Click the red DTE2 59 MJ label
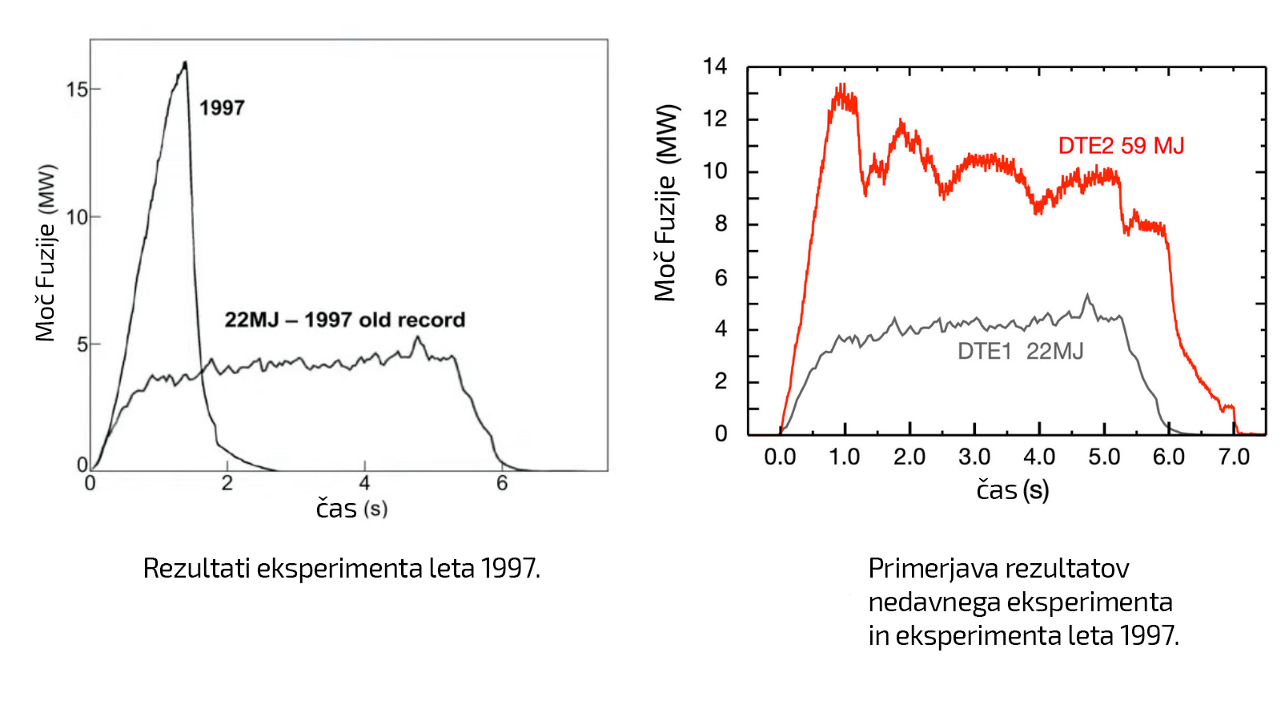coord(1120,146)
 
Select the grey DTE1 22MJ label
coord(1020,351)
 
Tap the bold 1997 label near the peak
coord(222,107)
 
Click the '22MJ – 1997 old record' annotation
coord(344,320)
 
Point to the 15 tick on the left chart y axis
coord(77,90)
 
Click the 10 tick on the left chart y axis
coord(77,217)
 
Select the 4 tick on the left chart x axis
coord(364,483)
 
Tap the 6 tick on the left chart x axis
coord(502,483)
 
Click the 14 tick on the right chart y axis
coord(715,66)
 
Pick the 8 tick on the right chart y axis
coord(721,224)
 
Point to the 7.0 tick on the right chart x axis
coord(1234,457)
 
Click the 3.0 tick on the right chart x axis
coord(974,457)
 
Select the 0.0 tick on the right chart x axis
coord(780,457)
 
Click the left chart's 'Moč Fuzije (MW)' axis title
coord(46,252)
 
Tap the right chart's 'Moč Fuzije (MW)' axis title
coord(665,203)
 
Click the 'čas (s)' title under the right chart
coord(1012,489)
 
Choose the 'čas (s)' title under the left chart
coord(351,509)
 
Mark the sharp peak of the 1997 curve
coord(186,62)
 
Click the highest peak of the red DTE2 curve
coord(841,85)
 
